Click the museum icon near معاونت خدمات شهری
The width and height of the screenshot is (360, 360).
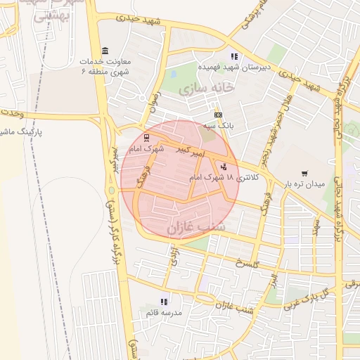point(105,51)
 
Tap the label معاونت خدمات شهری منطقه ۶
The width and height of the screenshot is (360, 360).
point(105,67)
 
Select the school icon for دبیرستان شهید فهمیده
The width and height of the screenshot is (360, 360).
point(234,56)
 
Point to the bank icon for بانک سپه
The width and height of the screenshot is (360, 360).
point(217,115)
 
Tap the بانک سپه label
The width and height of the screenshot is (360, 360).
point(219,125)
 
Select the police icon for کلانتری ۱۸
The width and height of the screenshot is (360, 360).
point(224,167)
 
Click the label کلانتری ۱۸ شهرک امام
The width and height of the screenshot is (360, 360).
point(224,179)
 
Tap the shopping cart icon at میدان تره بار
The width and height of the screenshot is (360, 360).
point(304,173)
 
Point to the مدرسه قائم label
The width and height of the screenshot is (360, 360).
point(164,311)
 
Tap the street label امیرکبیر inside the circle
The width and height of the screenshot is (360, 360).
point(190,151)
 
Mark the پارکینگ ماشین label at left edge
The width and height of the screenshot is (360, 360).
point(21,131)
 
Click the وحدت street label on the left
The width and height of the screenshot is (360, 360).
point(12,112)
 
